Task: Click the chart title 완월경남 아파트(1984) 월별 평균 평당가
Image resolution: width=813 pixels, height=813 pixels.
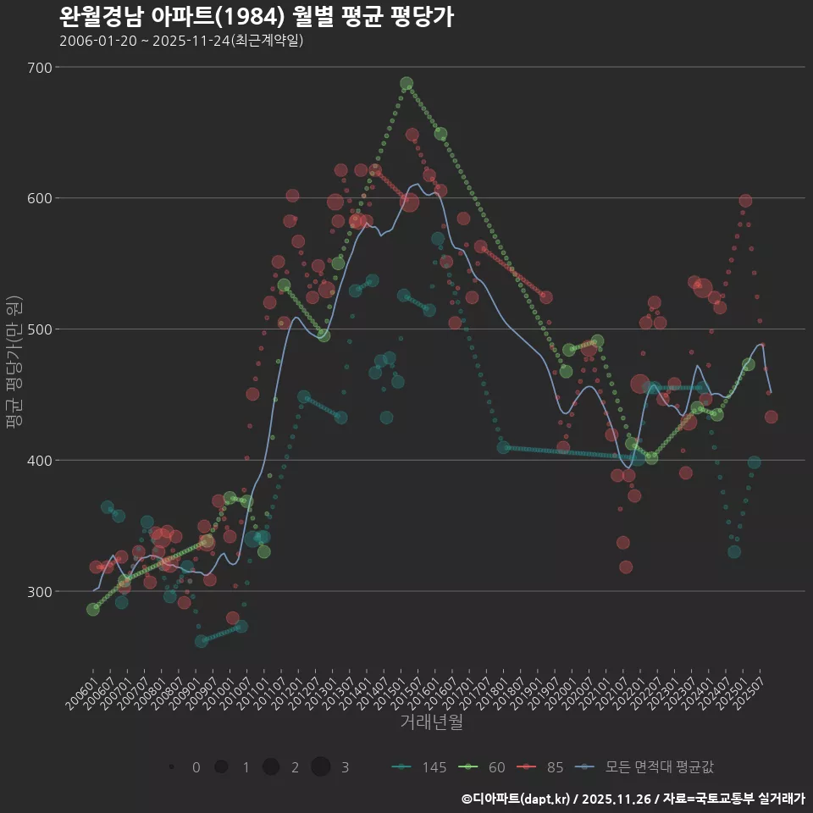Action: coord(256,16)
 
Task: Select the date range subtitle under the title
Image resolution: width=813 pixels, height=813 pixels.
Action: coord(181,41)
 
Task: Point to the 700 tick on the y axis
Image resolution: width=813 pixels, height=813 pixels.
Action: coord(41,68)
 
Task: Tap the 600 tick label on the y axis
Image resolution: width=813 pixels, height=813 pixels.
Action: coord(41,198)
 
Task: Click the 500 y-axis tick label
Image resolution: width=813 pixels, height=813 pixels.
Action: coord(41,329)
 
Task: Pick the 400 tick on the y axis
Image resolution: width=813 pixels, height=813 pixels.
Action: coord(41,461)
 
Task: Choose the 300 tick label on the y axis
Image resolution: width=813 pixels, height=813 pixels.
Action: coord(41,591)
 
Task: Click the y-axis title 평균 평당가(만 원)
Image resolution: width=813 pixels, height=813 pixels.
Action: coord(13,364)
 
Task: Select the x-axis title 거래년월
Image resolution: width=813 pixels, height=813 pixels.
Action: coord(431,722)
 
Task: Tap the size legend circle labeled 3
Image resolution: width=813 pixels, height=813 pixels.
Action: coord(320,767)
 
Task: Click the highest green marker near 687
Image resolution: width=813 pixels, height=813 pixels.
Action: coord(406,84)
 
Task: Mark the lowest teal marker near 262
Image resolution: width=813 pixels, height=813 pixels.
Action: coord(201,641)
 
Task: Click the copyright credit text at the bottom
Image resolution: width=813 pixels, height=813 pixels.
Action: coord(633,799)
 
